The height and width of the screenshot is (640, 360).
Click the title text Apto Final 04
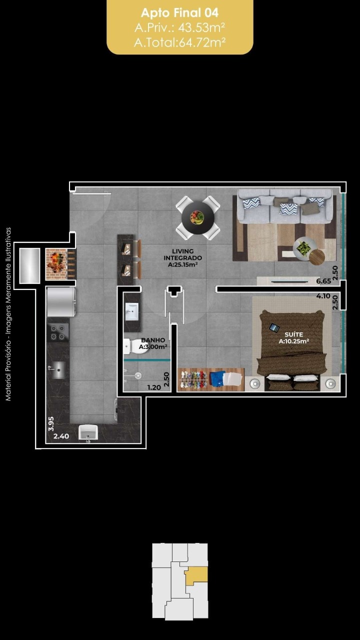179,13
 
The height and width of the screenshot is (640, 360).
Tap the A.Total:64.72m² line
179,42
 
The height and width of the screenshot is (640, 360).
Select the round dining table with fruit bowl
197,217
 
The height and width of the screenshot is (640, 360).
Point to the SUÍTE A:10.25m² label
293,337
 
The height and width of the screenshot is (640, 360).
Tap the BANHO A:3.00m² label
153,343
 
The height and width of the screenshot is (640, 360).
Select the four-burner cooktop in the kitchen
58,332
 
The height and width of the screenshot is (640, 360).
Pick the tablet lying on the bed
274,327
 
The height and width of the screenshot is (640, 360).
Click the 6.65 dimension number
323,281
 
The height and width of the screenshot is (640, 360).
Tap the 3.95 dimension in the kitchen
51,423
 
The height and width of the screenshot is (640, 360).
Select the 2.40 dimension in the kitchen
61,436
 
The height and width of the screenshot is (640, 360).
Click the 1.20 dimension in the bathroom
154,387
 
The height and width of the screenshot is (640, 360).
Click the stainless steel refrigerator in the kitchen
61,302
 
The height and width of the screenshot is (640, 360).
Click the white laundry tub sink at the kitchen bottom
88,432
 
